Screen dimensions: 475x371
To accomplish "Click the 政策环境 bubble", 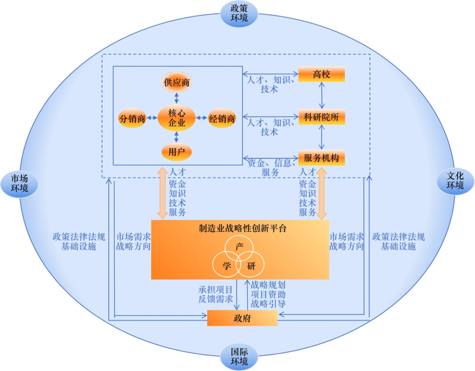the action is [239, 14].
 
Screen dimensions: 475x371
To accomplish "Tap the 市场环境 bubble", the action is [19, 184].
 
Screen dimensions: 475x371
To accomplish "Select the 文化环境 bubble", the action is [455, 181].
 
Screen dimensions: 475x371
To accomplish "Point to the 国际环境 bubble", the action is [239, 357].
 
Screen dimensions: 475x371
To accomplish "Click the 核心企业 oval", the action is [176, 118].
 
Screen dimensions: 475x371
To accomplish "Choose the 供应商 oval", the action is [176, 82].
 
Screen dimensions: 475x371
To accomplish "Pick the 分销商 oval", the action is [133, 118].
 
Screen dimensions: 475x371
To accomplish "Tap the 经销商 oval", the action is [222, 118].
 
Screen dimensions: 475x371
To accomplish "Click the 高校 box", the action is [322, 74].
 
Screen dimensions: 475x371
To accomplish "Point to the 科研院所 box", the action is [322, 117].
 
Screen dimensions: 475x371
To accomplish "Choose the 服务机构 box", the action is [322, 158].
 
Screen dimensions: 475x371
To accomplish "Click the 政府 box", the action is [242, 318].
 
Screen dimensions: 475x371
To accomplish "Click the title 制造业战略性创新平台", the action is [242, 228].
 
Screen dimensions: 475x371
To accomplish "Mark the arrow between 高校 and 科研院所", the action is [322, 95].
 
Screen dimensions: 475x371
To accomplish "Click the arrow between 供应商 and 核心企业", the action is [176, 98].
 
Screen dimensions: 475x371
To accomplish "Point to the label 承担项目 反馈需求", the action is [215, 294].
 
